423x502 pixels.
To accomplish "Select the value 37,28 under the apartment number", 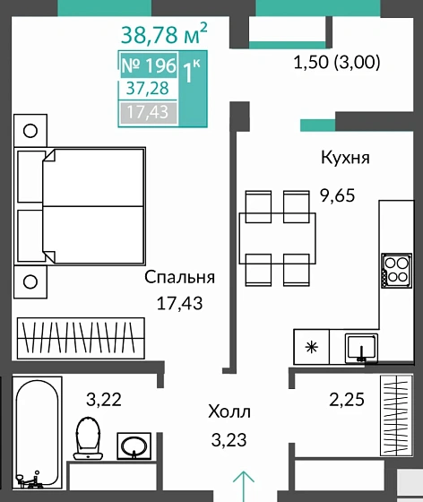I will point(148,88).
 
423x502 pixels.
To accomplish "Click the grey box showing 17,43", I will point(148,111).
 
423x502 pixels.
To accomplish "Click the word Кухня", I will point(345,158).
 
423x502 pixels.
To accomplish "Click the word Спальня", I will point(180,278).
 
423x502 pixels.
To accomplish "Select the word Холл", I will point(226,414).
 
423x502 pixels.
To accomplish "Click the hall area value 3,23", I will point(226,440).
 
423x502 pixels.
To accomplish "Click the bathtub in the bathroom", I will point(37,431).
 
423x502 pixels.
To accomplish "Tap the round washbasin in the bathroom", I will point(135,443).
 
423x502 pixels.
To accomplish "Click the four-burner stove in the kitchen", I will point(394,271).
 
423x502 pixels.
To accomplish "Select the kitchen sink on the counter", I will point(363,345).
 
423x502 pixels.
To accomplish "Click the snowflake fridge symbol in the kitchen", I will point(311,347).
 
